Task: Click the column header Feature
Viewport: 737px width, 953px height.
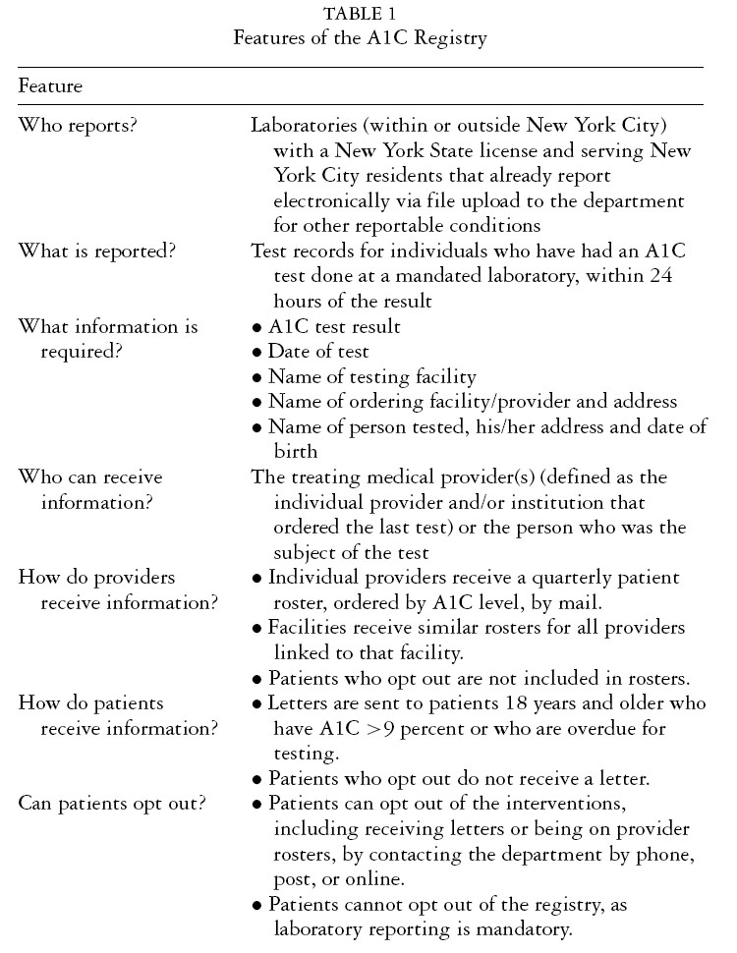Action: pos(50,85)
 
